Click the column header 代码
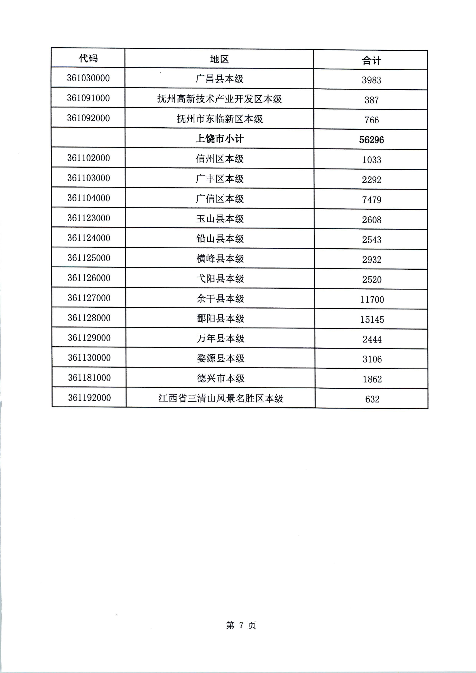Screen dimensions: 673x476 (88, 58)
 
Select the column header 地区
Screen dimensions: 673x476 (219, 60)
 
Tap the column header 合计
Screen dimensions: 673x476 (371, 61)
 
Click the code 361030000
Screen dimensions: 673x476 (88, 78)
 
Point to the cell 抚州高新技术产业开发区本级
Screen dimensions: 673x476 (219, 99)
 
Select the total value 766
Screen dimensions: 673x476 (371, 120)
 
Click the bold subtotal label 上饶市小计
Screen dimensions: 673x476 (219, 139)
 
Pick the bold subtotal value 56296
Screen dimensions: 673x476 (371, 140)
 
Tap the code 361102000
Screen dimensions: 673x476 (88, 158)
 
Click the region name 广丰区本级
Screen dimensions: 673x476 (219, 179)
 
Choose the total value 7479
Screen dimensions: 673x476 (371, 200)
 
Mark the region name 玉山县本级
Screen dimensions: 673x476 (220, 218)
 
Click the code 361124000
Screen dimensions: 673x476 (89, 238)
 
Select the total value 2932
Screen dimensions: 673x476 (372, 260)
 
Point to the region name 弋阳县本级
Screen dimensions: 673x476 (220, 278)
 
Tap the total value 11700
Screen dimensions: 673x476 (372, 299)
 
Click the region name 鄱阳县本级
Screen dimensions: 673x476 (220, 318)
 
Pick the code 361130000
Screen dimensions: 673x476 (89, 358)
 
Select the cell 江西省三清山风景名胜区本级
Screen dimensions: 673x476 (221, 398)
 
